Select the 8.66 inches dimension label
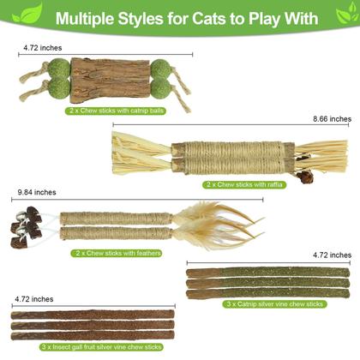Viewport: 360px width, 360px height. click(332, 119)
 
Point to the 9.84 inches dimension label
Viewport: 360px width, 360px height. click(27, 192)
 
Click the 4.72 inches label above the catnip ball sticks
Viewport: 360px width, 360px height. click(35, 47)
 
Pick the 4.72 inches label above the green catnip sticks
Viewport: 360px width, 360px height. click(332, 255)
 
